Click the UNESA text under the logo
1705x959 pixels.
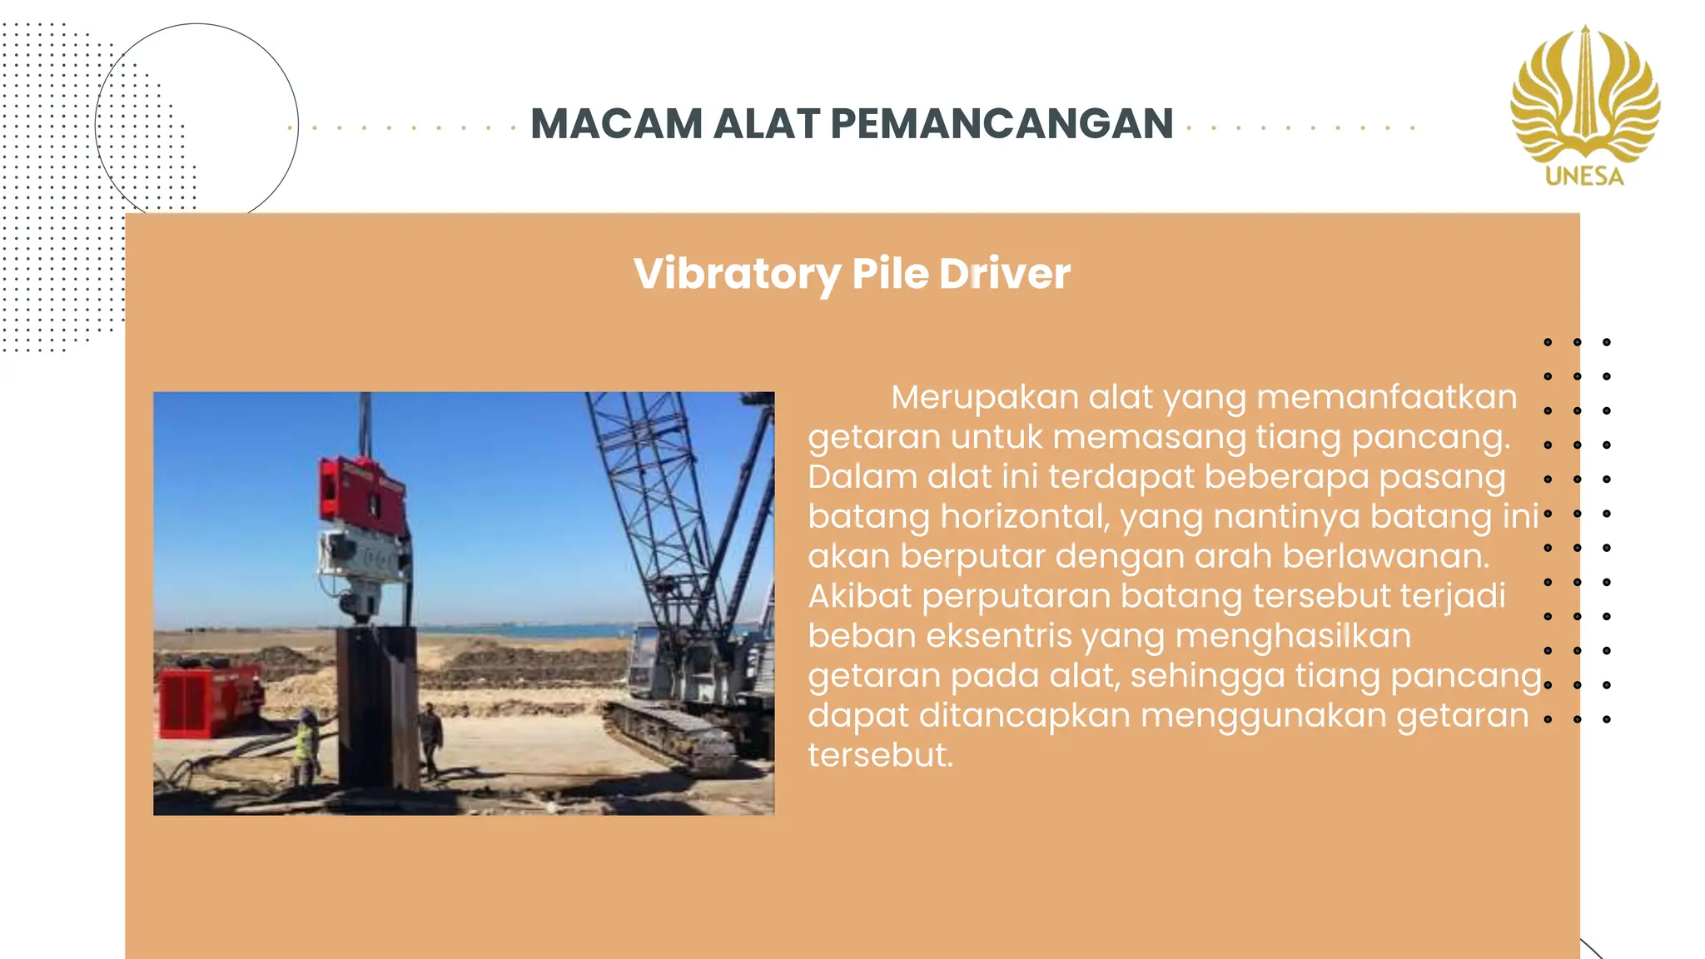pyautogui.click(x=1584, y=176)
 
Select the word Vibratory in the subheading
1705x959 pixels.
pyautogui.click(x=737, y=274)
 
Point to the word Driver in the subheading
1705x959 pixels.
pyautogui.click(x=1005, y=274)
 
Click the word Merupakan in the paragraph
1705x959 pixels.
pyautogui.click(x=984, y=397)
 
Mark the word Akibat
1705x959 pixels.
pyautogui.click(x=860, y=596)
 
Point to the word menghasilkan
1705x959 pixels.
pyautogui.click(x=1293, y=636)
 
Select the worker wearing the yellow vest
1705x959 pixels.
pyautogui.click(x=306, y=743)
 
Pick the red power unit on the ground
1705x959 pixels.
pyautogui.click(x=208, y=699)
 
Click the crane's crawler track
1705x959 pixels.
pyautogui.click(x=666, y=733)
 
